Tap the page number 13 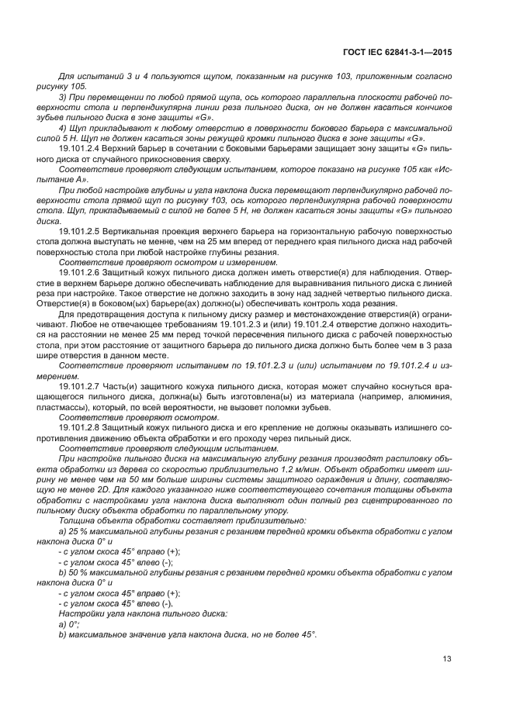point(447,659)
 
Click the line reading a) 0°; point(70,623)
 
